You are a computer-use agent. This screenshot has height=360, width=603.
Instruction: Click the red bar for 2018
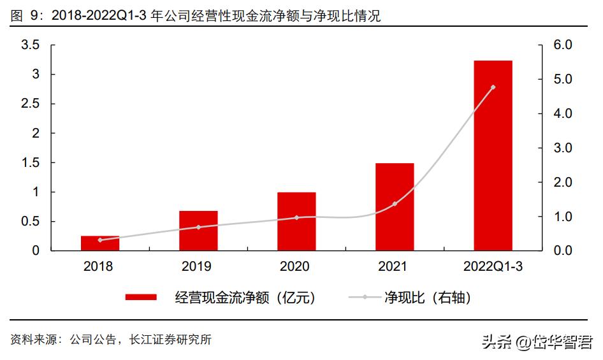pyautogui.click(x=100, y=243)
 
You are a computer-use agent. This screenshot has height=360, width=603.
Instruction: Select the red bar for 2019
pyautogui.click(x=198, y=231)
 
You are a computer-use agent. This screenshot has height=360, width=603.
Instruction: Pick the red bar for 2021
pyautogui.click(x=395, y=207)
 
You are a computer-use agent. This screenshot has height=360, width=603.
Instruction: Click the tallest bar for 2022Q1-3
pyautogui.click(x=493, y=155)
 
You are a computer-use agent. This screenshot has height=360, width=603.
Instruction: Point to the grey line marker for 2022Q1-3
pyautogui.click(x=493, y=87)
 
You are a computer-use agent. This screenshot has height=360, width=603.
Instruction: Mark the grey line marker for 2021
pyautogui.click(x=395, y=204)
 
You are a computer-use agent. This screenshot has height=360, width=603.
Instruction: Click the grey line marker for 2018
pyautogui.click(x=100, y=240)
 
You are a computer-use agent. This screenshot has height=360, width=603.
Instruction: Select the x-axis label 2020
pyautogui.click(x=296, y=266)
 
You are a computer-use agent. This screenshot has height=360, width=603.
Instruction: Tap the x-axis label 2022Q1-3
pyautogui.click(x=493, y=266)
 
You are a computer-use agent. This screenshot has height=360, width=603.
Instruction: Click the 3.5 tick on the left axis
pyautogui.click(x=31, y=45)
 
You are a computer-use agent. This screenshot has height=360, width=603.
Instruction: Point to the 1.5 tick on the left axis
pyautogui.click(x=31, y=162)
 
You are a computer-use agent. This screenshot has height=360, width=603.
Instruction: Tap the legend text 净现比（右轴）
pyautogui.click(x=428, y=298)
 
